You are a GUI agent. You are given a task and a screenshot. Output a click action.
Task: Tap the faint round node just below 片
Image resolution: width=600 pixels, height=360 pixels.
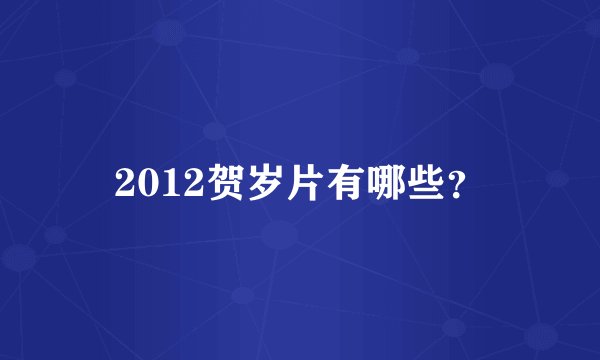point(281,236)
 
